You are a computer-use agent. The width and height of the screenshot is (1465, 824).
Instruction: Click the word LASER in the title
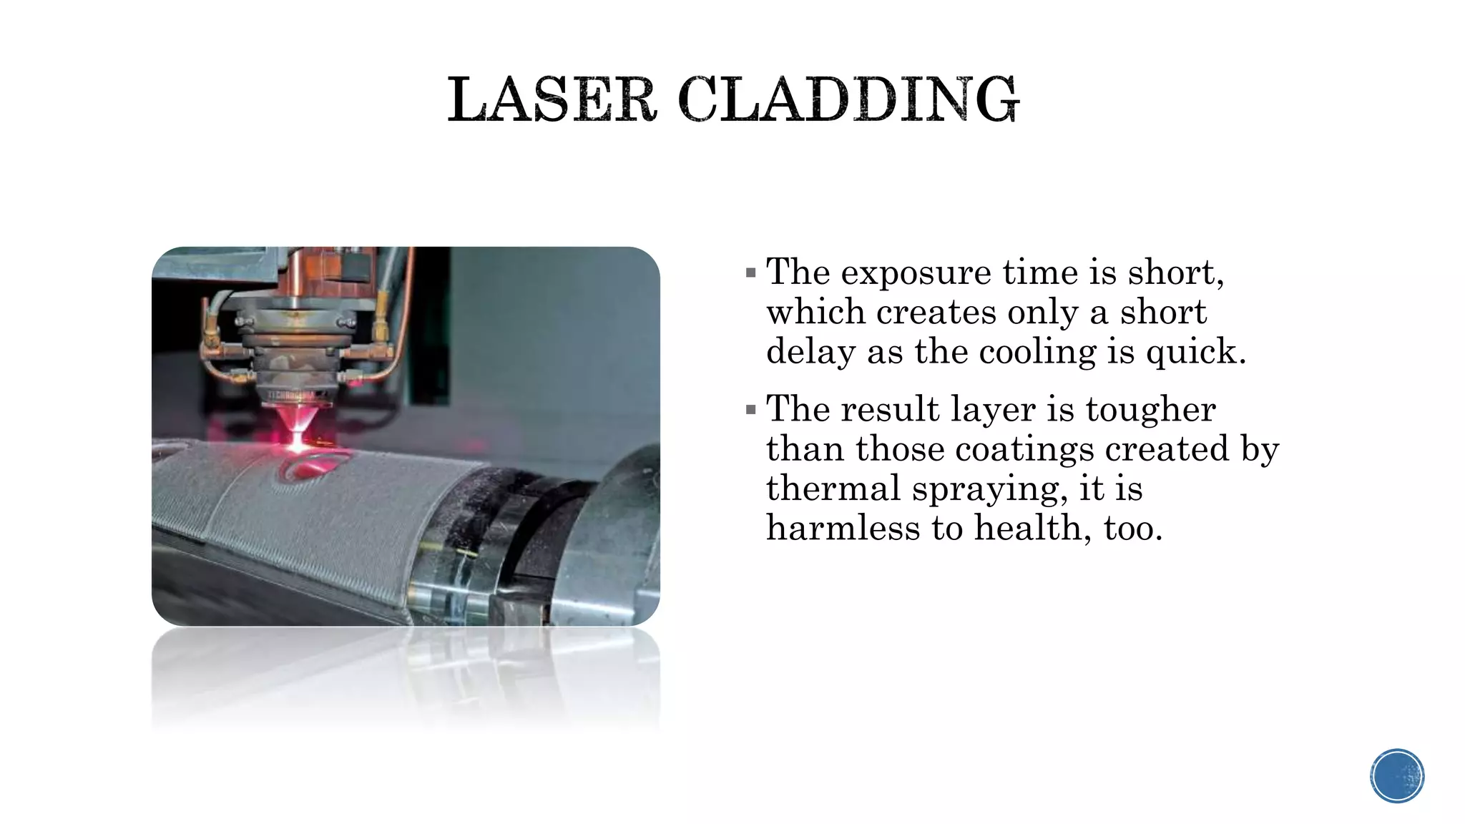(552, 100)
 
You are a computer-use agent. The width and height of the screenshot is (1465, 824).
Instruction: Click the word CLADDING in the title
(848, 100)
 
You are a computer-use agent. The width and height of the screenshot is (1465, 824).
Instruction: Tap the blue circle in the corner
(1397, 776)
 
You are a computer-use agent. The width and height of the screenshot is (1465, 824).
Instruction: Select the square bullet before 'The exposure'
(750, 273)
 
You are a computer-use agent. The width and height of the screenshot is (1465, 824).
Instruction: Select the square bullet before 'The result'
(750, 410)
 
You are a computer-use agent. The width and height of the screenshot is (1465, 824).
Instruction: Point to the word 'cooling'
(1037, 353)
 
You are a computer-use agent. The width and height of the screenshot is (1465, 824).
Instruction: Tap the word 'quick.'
(1195, 353)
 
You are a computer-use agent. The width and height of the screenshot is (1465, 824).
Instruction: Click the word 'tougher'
(1150, 410)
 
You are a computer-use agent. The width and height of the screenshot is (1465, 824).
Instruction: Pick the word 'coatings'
(1024, 450)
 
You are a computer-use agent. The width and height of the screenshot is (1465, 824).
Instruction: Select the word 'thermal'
(833, 489)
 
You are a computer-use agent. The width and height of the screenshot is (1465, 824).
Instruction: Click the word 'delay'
(810, 353)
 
